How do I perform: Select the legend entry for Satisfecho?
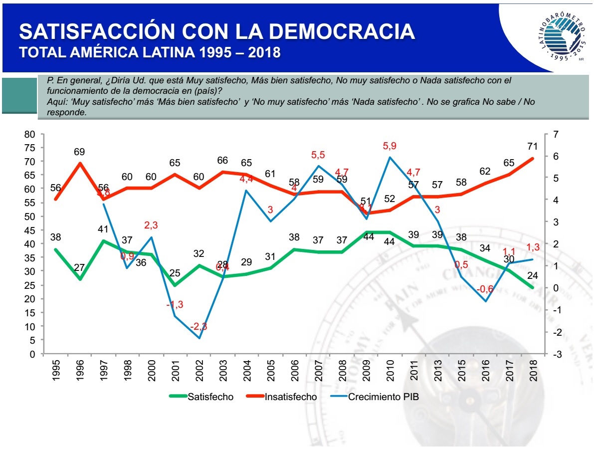201,397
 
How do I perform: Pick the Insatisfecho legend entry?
282,397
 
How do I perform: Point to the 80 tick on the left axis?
30,134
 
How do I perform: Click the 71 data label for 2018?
532,146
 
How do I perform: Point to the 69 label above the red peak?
80,151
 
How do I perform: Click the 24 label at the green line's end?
532,275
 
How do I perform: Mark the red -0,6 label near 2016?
485,289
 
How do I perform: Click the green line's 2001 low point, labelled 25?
175,285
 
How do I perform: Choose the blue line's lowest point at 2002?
199,338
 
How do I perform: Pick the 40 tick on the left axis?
30,244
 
